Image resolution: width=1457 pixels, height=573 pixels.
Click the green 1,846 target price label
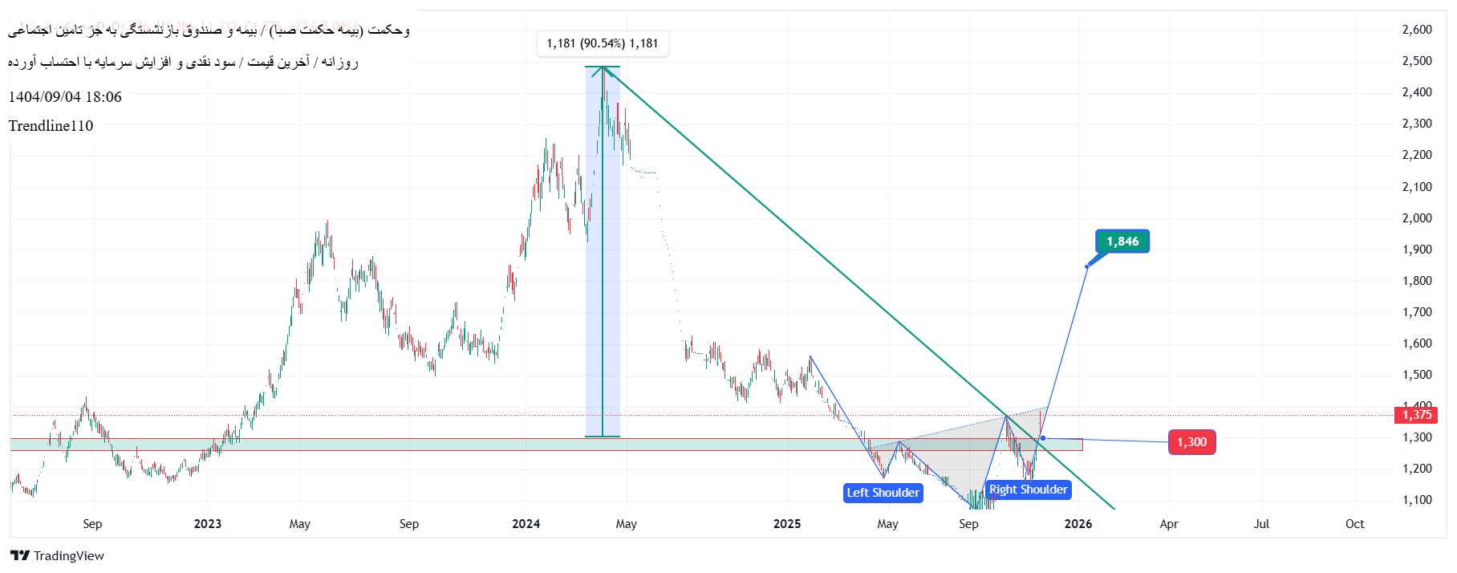pos(1122,242)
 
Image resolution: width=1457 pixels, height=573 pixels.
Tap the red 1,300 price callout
pos(1191,442)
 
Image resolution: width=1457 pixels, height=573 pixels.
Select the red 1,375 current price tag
pos(1417,415)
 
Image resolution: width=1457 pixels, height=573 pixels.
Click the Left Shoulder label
pos(883,493)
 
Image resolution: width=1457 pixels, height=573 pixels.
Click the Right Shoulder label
pos(1028,490)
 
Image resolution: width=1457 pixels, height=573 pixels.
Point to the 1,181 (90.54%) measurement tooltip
pos(602,43)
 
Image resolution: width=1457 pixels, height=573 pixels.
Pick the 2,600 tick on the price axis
pos(1417,30)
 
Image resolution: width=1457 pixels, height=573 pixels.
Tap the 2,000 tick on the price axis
pos(1417,218)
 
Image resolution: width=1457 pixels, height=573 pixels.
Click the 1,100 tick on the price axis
pos(1417,500)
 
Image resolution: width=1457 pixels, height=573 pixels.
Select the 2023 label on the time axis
pos(208,524)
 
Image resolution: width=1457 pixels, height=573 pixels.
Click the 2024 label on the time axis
pos(526,524)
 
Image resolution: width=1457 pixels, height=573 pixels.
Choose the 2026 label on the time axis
pos(1078,524)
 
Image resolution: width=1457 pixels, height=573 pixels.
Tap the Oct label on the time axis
pos(1354,524)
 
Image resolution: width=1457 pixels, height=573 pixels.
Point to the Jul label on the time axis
pos(1261,524)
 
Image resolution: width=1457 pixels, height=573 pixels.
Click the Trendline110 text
pos(51,126)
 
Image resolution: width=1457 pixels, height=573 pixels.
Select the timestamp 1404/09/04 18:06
pos(65,97)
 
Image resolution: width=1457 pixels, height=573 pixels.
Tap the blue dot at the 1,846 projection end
pos(1087,266)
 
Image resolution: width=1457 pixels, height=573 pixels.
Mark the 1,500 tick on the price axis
pos(1417,375)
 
